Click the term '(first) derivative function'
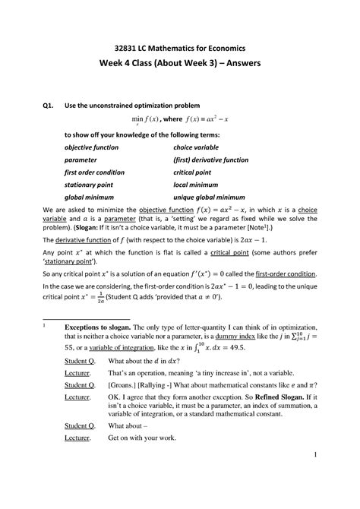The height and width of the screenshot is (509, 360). tap(216, 160)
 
